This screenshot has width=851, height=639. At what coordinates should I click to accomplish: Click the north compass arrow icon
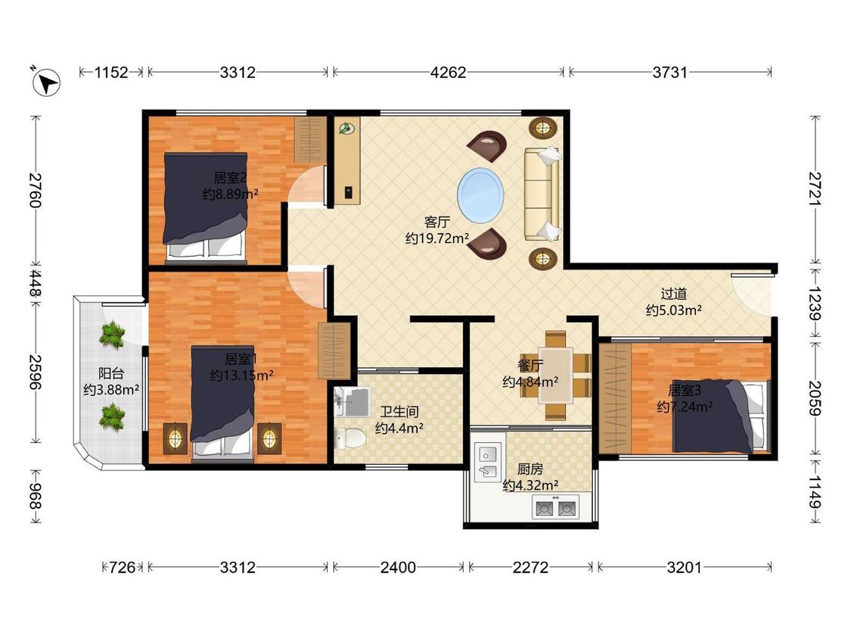pos(46,83)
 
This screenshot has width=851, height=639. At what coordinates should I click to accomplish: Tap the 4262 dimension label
pos(449,72)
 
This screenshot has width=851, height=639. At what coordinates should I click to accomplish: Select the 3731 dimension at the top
pos(670,72)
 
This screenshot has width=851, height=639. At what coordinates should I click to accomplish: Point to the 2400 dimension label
pos(398,568)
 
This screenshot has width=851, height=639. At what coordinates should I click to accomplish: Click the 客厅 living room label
pos(437,222)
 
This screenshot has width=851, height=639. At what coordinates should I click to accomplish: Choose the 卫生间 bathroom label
pos(399,412)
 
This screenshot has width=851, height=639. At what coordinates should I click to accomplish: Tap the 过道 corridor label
pos(673,294)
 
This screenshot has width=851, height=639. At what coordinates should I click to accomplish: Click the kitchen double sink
pos(487,462)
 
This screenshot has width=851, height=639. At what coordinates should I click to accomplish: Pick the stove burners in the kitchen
pos(555,508)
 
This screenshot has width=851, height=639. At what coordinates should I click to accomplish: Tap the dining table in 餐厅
pos(556,376)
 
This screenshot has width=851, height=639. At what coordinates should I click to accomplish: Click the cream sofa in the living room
pos(542,194)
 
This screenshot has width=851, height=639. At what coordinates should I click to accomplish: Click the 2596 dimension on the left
pos(36,372)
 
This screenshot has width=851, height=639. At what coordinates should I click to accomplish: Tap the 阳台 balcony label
pos(110,373)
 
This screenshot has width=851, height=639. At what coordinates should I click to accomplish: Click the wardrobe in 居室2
pos(310,140)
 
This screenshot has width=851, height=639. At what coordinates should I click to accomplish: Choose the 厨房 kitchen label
pos(530,469)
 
